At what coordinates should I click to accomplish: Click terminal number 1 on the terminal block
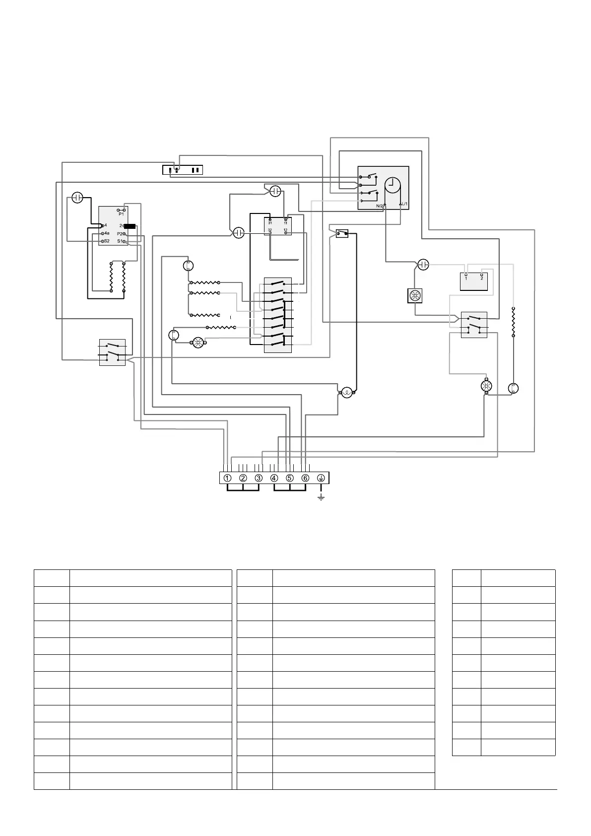(x=227, y=478)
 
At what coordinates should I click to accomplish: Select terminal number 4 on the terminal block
(x=274, y=478)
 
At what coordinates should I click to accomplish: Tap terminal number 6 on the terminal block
(x=305, y=478)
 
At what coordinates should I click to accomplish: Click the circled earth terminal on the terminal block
(x=321, y=478)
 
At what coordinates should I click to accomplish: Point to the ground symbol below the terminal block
(x=321, y=497)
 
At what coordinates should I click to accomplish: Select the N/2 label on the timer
(x=380, y=205)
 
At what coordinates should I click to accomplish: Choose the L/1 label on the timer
(x=404, y=204)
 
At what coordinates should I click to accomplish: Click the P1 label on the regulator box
(x=121, y=214)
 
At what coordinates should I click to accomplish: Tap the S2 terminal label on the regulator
(x=106, y=241)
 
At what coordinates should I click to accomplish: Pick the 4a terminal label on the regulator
(x=107, y=233)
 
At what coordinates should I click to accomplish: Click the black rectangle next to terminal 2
(x=130, y=226)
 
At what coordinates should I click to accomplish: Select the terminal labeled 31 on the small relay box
(x=270, y=223)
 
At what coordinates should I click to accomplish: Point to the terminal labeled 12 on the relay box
(x=285, y=230)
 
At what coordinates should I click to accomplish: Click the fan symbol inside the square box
(x=415, y=296)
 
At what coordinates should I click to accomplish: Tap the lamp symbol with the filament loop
(x=347, y=393)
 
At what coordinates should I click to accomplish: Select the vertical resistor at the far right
(x=513, y=322)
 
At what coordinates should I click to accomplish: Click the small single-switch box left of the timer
(x=342, y=233)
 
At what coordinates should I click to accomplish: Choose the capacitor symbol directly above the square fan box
(x=423, y=264)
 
